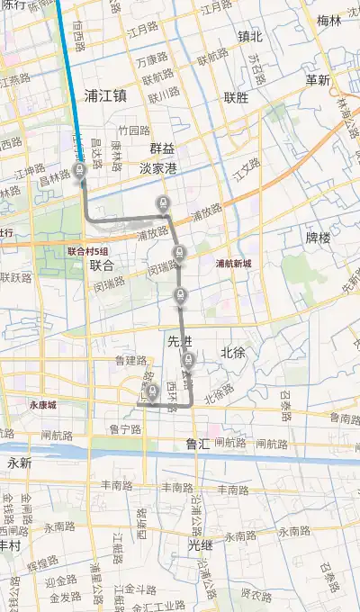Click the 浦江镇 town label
click(104, 94)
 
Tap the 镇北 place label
click(250, 37)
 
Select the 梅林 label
click(329, 20)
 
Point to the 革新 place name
click(318, 80)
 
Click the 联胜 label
click(237, 97)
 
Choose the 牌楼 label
click(319, 238)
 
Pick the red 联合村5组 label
click(87, 251)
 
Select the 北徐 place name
click(233, 352)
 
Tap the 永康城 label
click(42, 405)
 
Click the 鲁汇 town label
click(198, 444)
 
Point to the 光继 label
click(201, 544)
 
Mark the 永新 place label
click(19, 463)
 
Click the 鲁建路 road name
click(130, 359)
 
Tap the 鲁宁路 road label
click(125, 429)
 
